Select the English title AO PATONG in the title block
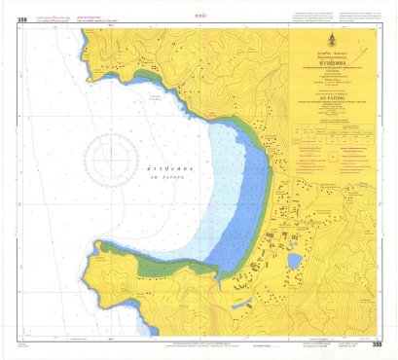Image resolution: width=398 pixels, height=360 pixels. pyautogui.click(x=335, y=86)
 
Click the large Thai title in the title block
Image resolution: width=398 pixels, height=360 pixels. pyautogui.click(x=335, y=57)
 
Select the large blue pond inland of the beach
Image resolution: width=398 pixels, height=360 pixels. pyautogui.click(x=295, y=261)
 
